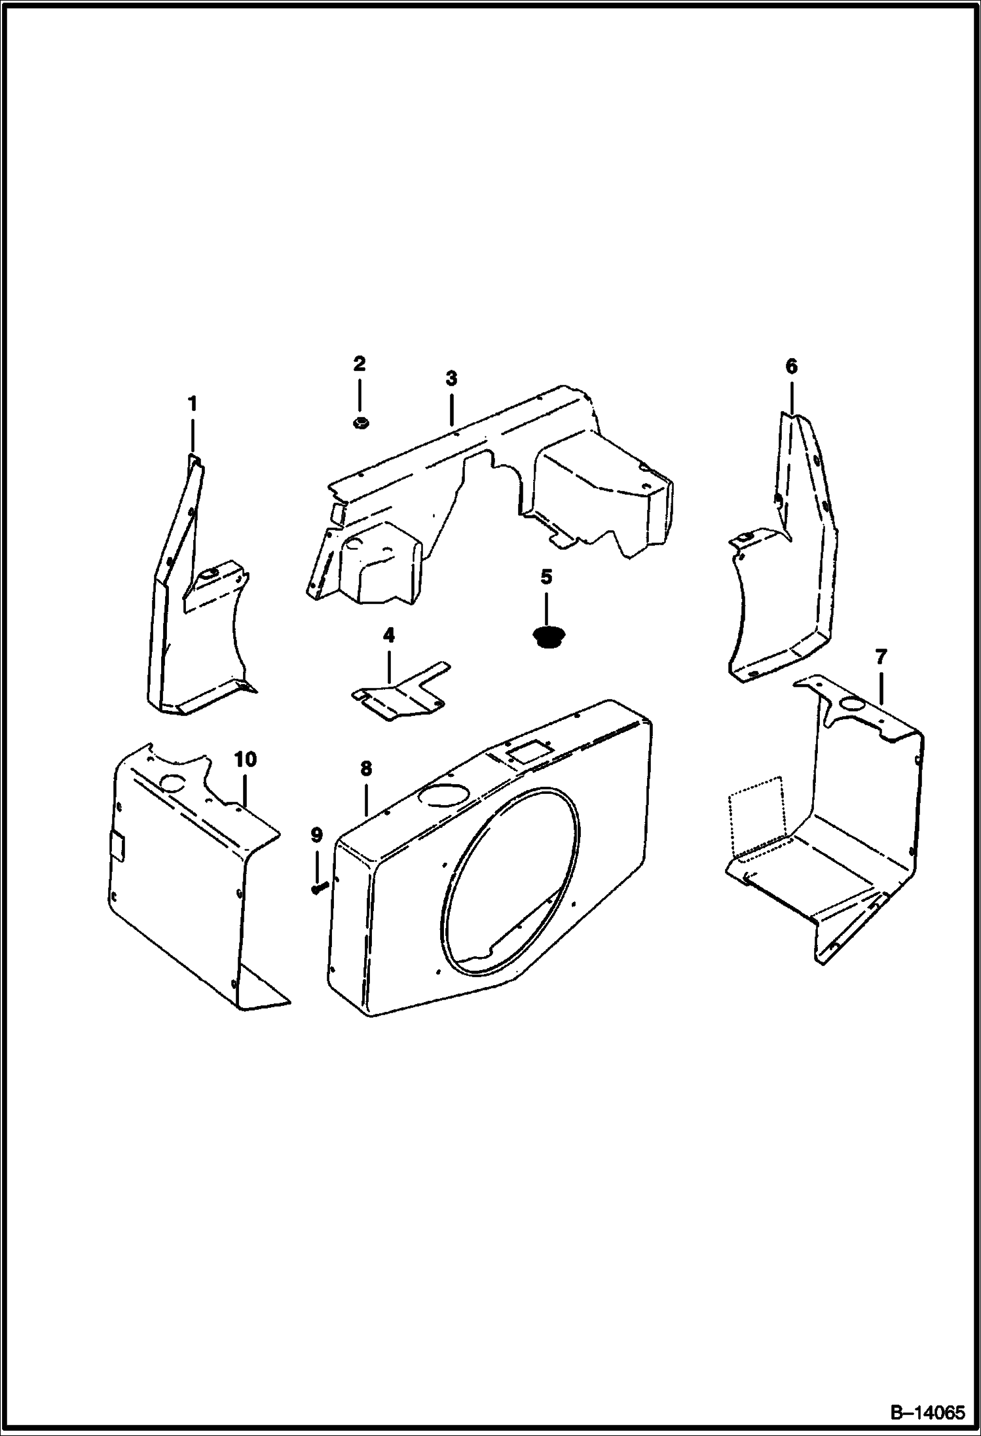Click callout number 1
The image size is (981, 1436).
pos(192,404)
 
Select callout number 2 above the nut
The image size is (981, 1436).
pos(359,364)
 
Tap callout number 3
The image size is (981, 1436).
pos(451,378)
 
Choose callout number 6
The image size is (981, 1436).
pos(791,367)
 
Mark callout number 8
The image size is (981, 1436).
pos(365,768)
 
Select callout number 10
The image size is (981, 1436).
pos(246,759)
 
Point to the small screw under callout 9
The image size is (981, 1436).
pos(319,888)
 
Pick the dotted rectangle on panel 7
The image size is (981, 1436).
pos(756,814)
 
